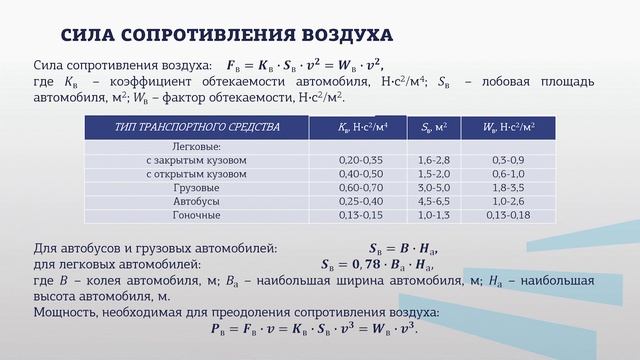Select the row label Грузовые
point(196,187)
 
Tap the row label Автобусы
point(196,201)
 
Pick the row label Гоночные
point(196,215)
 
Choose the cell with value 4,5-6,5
point(434,201)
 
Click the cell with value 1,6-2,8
point(434,160)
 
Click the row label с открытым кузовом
point(196,174)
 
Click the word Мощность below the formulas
point(65,310)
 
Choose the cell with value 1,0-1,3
point(434,215)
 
